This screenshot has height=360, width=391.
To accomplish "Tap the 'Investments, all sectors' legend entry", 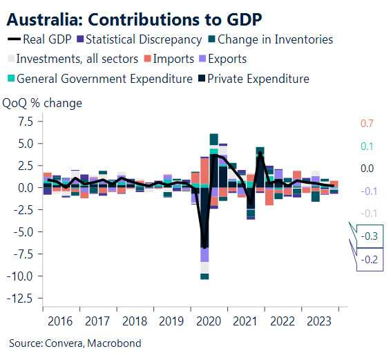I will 76,59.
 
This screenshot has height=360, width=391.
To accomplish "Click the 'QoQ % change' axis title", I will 43,104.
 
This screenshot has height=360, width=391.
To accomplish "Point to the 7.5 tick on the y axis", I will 26,122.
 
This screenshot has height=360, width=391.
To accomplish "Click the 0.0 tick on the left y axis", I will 26,188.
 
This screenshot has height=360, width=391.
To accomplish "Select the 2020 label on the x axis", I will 207,321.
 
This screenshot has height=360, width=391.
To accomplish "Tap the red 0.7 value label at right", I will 367,124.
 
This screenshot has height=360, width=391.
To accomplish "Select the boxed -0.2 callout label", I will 370,260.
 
